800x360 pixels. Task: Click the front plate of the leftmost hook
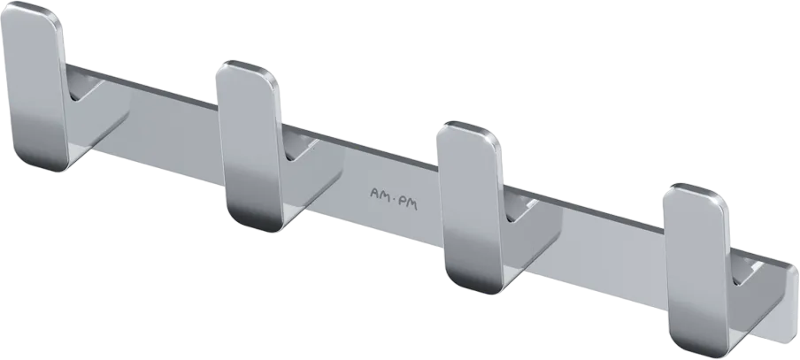point(35,87)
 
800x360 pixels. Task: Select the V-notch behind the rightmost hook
point(746,272)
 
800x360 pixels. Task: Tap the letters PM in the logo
point(408,203)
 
